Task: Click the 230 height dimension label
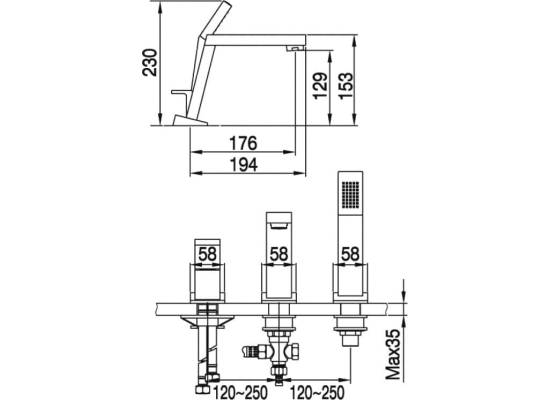point(150,62)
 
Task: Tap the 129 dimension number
point(321,86)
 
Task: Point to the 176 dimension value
point(243,144)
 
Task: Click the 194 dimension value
point(243,165)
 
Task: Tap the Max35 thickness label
point(394,354)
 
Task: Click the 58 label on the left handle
point(207,254)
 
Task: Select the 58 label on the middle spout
point(279,254)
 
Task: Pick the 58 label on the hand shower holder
point(350,254)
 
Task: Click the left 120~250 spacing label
point(240,392)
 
